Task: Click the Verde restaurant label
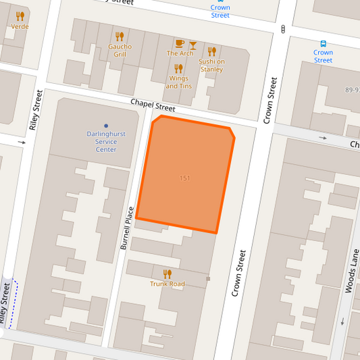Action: point(20,26)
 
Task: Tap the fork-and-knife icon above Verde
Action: point(20,16)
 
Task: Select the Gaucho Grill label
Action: point(120,50)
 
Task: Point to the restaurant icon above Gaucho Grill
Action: point(120,36)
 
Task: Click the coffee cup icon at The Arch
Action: point(180,43)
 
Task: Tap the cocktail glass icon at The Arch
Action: point(192,43)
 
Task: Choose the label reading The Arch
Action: point(180,53)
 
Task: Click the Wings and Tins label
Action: point(179,82)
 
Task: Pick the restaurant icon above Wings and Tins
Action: point(179,68)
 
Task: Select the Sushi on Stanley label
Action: point(211,65)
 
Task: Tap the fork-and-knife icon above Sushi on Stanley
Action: point(211,51)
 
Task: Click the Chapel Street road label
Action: point(153,104)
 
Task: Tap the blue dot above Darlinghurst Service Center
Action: point(106,126)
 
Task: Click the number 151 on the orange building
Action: point(184,178)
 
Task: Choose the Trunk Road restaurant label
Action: point(168,284)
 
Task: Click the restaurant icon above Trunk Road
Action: point(168,274)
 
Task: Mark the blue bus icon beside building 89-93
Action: point(323,43)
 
